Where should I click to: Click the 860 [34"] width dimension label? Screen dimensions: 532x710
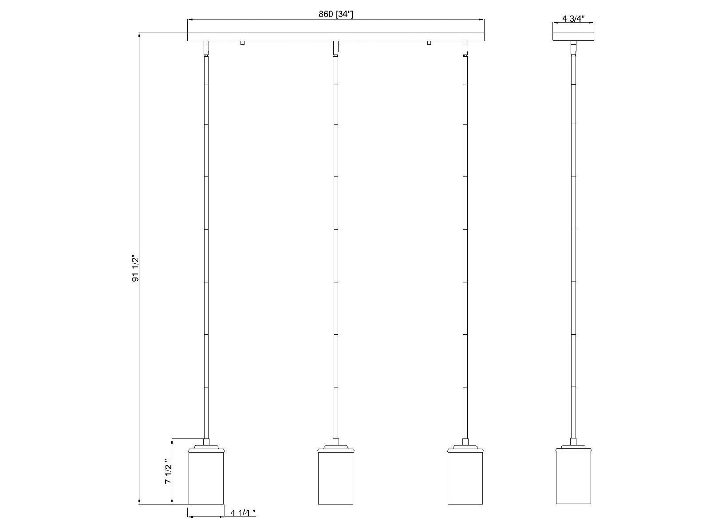[x=335, y=14]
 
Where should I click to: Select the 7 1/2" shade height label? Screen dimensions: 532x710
[x=168, y=471]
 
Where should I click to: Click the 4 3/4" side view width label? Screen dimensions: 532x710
[x=573, y=19]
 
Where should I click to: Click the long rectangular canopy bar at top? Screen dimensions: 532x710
[x=335, y=36]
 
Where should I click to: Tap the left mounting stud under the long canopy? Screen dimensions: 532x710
[x=242, y=43]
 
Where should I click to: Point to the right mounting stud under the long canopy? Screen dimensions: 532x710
[x=429, y=43]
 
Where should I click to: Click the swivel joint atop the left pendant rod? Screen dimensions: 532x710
[x=206, y=49]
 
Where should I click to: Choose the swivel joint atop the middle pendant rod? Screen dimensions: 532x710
[x=335, y=49]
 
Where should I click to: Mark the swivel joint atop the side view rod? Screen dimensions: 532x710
[x=573, y=48]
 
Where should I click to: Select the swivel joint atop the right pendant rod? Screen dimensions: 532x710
[x=465, y=49]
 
